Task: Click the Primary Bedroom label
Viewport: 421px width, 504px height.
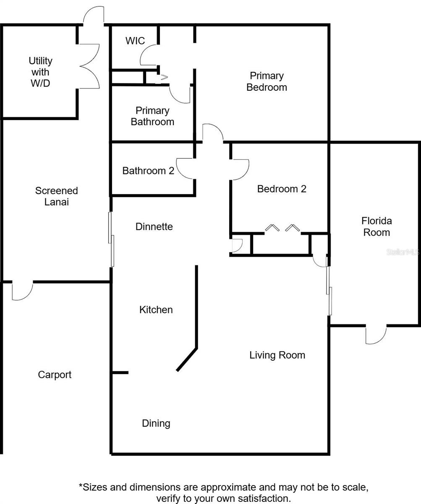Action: pos(267,81)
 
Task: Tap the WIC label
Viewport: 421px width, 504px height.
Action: pos(135,41)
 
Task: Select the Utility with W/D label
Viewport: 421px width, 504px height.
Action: pos(40,72)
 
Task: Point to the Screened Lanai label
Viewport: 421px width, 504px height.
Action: pos(56,196)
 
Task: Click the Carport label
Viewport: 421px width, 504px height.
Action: pos(55,375)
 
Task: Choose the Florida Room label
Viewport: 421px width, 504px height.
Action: pos(376,226)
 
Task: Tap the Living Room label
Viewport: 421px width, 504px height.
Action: pos(277,355)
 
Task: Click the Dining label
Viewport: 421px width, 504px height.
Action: pos(156,423)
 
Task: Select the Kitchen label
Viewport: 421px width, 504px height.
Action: pos(156,310)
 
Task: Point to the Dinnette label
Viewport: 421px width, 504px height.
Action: pos(154,226)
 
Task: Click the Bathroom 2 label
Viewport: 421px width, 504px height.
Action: pos(148,171)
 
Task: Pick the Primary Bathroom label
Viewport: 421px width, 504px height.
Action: pos(152,116)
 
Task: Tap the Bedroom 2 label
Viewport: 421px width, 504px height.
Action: pos(282,189)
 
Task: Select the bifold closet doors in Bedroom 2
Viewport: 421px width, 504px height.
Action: pos(282,228)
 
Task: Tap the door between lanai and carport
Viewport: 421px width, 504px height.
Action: pos(22,291)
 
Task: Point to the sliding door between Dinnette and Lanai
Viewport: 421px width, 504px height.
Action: pos(111,239)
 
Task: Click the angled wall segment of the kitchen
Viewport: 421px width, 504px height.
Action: pos(187,359)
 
